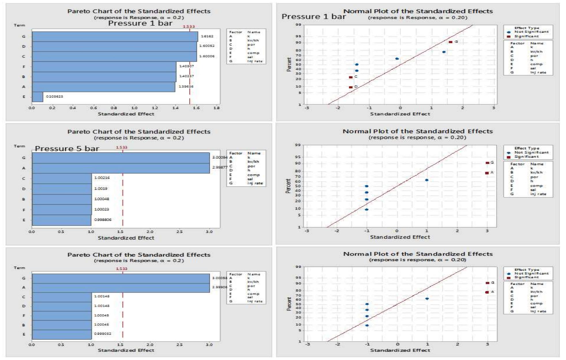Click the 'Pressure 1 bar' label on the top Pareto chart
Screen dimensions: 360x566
[140, 23]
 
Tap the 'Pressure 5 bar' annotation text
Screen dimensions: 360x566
[67, 149]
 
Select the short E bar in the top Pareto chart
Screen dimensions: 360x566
[37, 97]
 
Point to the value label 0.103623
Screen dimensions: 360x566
[54, 96]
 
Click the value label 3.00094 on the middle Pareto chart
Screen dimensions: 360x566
[220, 157]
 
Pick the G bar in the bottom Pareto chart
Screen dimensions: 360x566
[121, 278]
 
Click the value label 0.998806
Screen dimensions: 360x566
[103, 220]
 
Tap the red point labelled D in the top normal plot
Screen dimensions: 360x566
[351, 87]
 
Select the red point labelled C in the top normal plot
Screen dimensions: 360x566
[351, 77]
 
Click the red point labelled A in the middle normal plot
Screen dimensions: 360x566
[487, 173]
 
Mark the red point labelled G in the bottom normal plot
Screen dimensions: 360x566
[487, 283]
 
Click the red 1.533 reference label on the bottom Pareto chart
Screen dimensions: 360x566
[122, 269]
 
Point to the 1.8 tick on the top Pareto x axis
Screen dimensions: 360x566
[216, 108]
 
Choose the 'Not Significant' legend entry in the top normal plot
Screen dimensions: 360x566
[531, 32]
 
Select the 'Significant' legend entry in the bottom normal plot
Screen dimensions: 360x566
[526, 277]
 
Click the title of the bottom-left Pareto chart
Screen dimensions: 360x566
[139, 255]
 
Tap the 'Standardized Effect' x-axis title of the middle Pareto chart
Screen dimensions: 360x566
[126, 238]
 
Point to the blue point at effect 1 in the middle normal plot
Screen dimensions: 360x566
[427, 180]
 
